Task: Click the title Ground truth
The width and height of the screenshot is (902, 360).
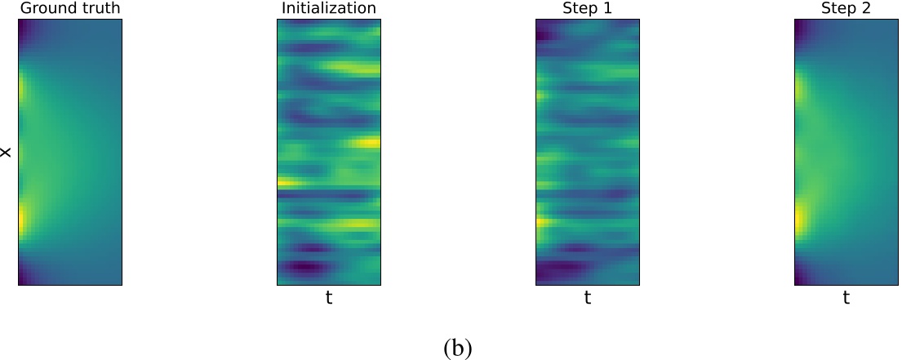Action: click(69, 9)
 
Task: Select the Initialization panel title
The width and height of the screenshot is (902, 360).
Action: click(328, 9)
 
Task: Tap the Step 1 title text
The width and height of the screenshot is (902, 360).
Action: click(587, 9)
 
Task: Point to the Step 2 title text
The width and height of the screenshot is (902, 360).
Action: click(846, 9)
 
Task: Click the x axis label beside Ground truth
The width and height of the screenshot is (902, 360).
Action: click(7, 153)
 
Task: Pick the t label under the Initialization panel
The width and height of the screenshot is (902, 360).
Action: click(329, 299)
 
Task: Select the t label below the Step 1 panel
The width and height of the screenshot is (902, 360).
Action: click(587, 299)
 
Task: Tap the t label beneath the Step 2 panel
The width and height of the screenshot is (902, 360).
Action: click(846, 299)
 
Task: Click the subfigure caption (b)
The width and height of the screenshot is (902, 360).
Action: click(457, 348)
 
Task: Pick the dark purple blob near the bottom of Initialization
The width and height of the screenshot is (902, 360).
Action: click(304, 266)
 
